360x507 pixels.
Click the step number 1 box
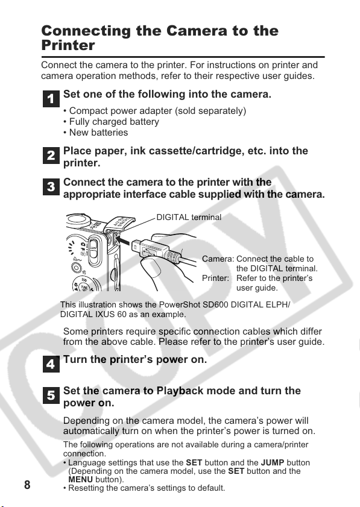(51, 99)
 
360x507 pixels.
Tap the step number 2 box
(51, 155)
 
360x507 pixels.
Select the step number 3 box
(51, 187)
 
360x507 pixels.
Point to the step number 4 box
(51, 364)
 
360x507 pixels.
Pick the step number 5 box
(51, 395)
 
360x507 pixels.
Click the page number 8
(27, 485)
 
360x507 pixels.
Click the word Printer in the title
(68, 45)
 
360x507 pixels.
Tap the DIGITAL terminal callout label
(189, 217)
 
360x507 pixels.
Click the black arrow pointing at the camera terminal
(123, 241)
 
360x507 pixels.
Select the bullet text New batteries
(98, 133)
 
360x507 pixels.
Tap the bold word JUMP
(273, 463)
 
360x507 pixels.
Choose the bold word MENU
(81, 479)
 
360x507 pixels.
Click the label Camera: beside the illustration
(218, 259)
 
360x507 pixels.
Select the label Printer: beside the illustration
(215, 278)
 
